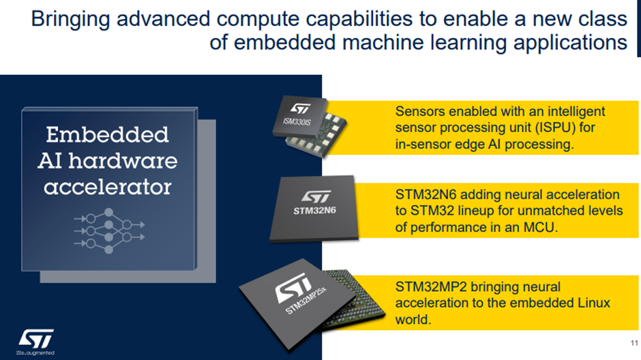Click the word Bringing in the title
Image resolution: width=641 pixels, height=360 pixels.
pos(70,19)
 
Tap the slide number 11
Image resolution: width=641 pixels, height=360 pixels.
pos(634,343)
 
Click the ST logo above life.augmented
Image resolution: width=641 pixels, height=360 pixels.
pos(36,339)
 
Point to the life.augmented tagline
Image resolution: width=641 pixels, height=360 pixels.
pos(35,352)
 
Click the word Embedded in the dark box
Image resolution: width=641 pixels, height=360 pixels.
pos(107,135)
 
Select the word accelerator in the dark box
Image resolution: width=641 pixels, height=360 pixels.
pos(108,187)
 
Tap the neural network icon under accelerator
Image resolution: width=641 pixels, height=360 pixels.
pos(109,231)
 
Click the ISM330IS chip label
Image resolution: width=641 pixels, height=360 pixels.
pos(297,121)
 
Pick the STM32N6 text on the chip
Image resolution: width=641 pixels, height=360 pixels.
pos(314,211)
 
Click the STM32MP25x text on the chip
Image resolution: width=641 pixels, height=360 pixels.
pos(306,301)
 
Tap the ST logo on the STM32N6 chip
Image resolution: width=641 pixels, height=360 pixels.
pos(316,196)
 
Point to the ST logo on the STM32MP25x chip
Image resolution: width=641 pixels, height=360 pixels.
pos(293,287)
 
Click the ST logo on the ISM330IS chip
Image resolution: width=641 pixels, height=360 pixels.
pos(301,108)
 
